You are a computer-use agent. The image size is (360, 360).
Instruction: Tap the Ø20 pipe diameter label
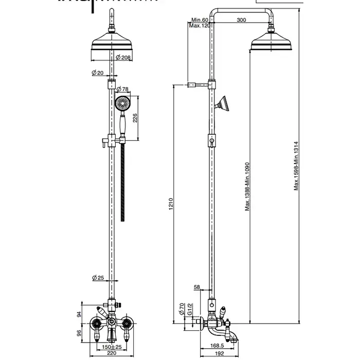[x=98, y=73]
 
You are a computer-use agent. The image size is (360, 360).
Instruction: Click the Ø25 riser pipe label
[x=98, y=278]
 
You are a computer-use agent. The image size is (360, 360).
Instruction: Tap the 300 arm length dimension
[x=241, y=20]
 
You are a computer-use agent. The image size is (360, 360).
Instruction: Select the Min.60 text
[x=200, y=20]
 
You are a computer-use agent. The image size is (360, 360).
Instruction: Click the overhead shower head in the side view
[x=271, y=42]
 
